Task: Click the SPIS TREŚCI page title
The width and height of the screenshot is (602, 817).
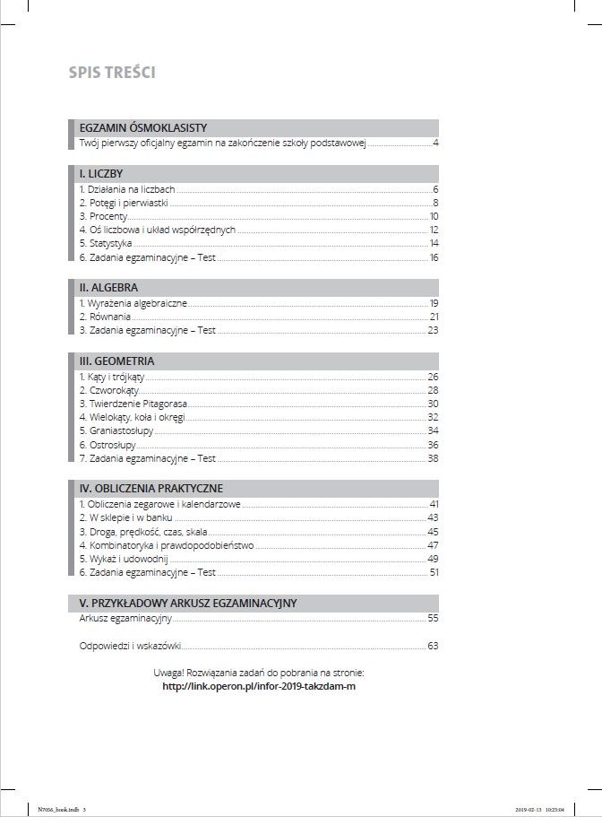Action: (112, 73)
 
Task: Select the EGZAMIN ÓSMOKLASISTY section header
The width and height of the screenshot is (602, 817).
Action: (142, 127)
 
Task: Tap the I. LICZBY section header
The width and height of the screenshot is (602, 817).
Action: (101, 173)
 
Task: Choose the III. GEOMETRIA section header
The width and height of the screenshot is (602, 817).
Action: (116, 361)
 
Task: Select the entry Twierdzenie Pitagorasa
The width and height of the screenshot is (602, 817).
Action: (127, 404)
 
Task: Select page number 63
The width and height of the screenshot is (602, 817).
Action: (433, 645)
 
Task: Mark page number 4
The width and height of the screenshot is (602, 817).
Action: (434, 143)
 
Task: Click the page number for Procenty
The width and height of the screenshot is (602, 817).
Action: (433, 216)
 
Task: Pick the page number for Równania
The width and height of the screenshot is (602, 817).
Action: (433, 317)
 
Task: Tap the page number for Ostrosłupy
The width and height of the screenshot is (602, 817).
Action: (433, 445)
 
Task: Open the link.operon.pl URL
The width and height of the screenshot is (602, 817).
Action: (253, 686)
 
